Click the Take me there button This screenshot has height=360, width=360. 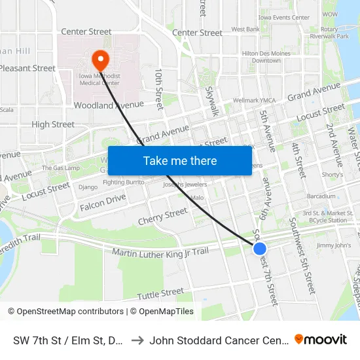point(180,160)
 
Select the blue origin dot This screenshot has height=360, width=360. point(260,249)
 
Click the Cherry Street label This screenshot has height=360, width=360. point(162,216)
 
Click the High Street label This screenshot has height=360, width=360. point(53,124)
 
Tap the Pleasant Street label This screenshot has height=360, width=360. point(28,68)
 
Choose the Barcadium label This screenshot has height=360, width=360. point(321,196)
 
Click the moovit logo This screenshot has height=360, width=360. point(321,339)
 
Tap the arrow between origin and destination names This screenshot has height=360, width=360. point(137,340)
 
